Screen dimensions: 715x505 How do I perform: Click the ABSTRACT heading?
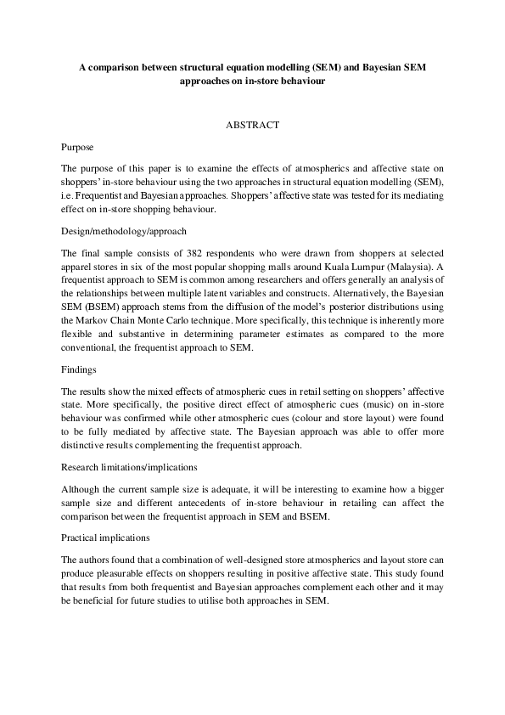pos(252,125)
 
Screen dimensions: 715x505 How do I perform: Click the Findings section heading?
pos(81,370)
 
